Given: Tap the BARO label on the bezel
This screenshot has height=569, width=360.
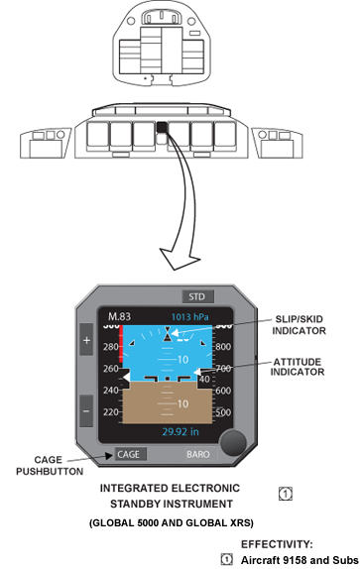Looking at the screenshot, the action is coord(198,454).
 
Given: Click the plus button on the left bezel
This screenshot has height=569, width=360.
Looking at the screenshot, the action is coord(86,340).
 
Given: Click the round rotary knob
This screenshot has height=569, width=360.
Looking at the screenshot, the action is coord(234,442).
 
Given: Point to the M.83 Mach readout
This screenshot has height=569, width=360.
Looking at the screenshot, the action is coord(119,316).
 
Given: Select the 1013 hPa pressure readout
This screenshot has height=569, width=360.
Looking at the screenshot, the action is coord(189,317).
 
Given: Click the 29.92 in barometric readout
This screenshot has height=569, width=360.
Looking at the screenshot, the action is coord(180,431).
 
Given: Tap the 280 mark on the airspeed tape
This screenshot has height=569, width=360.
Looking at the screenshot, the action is coord(110,347).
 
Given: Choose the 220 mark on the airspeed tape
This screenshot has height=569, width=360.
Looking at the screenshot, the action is coord(110,412).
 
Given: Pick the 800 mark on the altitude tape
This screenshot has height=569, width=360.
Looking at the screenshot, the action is coord(223,347).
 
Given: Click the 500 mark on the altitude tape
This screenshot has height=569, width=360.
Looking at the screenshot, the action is coord(223,412).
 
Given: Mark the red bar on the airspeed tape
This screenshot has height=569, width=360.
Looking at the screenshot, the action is coord(121,346).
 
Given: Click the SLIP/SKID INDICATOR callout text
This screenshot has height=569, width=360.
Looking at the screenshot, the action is coord(300,325).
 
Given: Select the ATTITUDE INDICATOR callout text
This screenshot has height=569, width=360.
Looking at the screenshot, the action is coord(298,367).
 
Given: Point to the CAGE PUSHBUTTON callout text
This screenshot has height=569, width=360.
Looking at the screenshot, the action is coord(50,465).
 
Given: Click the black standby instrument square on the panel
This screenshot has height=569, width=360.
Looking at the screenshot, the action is coord(162,127).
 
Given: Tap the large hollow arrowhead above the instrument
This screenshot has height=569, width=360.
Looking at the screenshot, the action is coord(180,259).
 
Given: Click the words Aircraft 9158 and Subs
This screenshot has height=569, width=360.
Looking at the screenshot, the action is coord(300,560).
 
